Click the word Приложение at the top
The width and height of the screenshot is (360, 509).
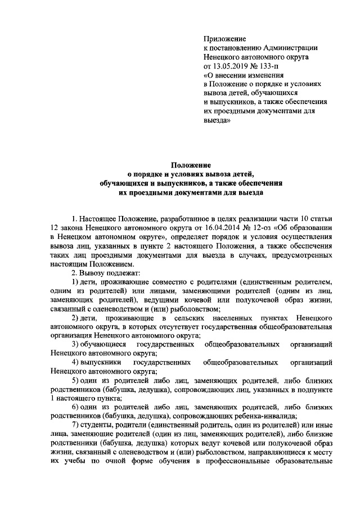224,39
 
